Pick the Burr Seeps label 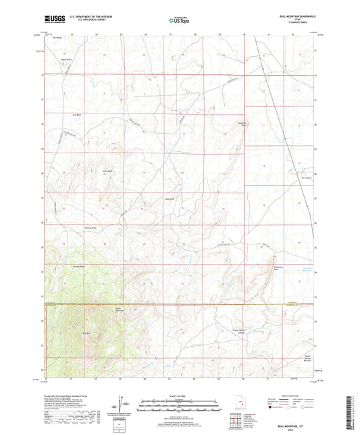tap(306, 178)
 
